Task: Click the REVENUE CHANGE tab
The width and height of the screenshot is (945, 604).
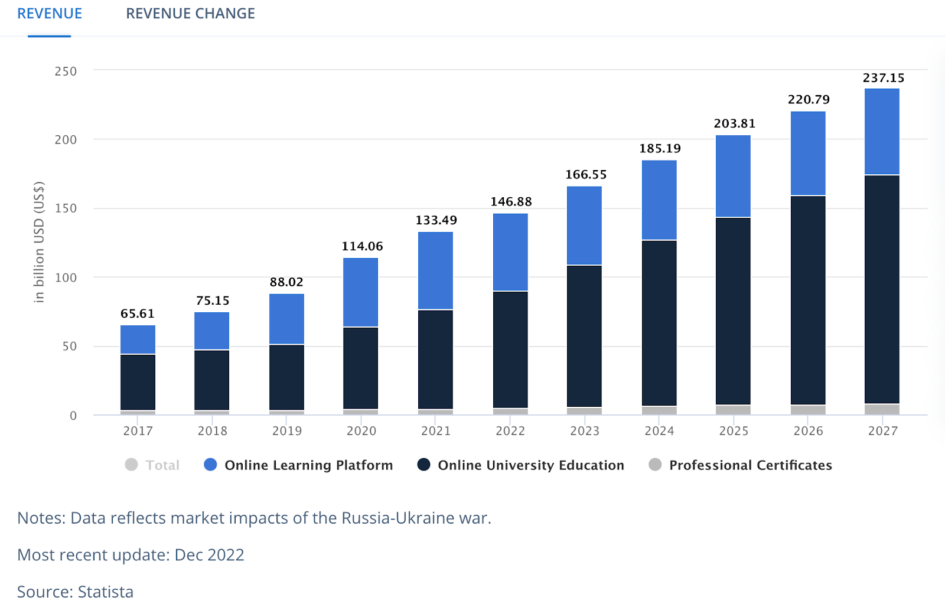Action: (190, 14)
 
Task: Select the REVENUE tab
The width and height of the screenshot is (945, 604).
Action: (50, 14)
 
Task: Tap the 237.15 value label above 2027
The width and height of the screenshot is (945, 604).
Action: (883, 78)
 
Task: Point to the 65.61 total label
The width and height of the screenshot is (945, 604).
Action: (138, 314)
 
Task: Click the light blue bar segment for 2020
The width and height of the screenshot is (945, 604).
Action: (360, 292)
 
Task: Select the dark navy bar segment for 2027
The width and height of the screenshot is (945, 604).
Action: (882, 289)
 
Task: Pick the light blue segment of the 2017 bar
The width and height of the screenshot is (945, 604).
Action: (138, 339)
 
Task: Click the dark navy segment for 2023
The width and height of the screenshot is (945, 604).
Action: (584, 336)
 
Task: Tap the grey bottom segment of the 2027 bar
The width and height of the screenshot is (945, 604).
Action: (882, 409)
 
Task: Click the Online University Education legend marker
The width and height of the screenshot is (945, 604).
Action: (423, 465)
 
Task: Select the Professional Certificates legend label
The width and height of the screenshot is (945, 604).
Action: (750, 465)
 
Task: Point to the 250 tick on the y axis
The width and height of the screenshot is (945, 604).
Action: (66, 71)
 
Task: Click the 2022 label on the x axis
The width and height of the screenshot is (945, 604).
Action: (510, 431)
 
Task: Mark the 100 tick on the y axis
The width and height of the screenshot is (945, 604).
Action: (66, 277)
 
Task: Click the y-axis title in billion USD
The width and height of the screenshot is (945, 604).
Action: (39, 242)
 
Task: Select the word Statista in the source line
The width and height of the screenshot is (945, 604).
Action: (106, 592)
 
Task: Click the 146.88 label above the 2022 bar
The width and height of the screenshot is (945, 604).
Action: (511, 202)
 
